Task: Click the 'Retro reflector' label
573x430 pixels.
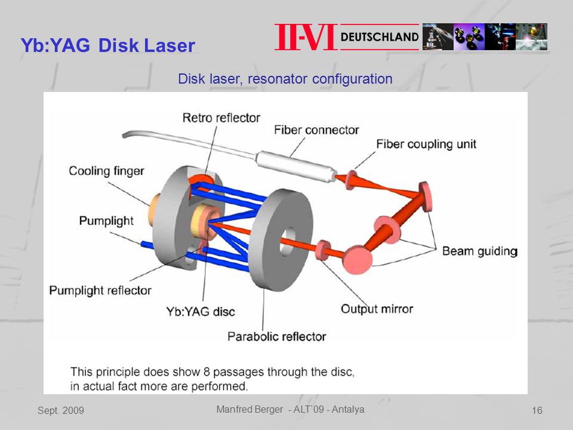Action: [x=221, y=118]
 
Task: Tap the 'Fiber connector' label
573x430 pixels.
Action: [x=316, y=130]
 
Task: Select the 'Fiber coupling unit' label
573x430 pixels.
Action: [x=426, y=144]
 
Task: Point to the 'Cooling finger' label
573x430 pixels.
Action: [x=106, y=171]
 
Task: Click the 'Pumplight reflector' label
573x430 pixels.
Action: [x=100, y=290]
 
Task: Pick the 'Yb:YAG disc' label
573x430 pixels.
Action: [x=201, y=312]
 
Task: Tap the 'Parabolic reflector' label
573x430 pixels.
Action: [x=276, y=336]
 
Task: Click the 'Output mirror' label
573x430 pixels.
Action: [x=377, y=309]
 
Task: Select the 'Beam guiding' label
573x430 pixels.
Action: [x=480, y=251]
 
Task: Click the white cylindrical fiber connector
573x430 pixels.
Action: [x=295, y=167]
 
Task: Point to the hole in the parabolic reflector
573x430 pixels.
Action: [x=288, y=241]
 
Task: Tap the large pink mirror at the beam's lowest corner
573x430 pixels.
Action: [x=358, y=260]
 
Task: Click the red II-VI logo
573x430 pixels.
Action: [x=306, y=37]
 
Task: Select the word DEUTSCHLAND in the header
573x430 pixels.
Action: [x=380, y=37]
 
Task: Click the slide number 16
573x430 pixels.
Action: [x=537, y=411]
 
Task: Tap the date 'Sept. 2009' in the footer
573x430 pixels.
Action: [x=61, y=411]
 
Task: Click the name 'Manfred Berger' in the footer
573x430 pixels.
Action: [x=249, y=410]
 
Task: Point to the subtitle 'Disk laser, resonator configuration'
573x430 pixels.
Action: [x=285, y=79]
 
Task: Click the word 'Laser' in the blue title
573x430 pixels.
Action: [x=169, y=45]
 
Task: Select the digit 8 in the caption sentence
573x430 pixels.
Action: [x=207, y=372]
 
